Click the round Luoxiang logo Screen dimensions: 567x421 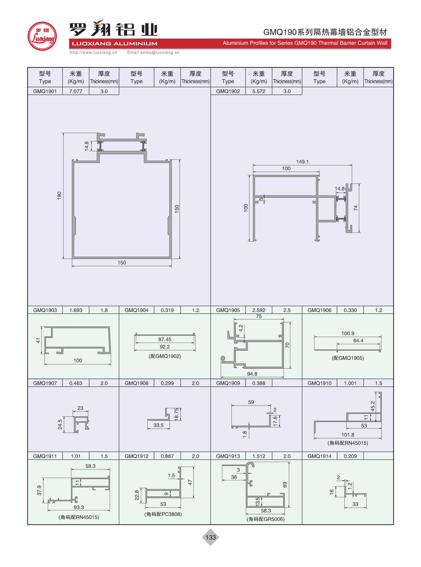click(x=42, y=36)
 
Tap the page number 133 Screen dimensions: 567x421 click(x=210, y=537)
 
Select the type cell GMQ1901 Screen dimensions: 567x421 click(x=45, y=91)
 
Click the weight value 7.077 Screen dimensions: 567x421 click(x=75, y=91)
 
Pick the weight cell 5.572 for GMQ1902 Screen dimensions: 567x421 click(x=258, y=91)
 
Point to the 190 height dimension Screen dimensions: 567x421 click(x=59, y=195)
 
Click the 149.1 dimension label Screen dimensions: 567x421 click(x=302, y=162)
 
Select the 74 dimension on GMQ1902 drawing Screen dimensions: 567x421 click(x=356, y=208)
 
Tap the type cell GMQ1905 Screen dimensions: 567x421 click(x=228, y=310)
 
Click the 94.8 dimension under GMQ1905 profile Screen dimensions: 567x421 click(x=252, y=374)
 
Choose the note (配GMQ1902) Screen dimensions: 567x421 click(x=165, y=356)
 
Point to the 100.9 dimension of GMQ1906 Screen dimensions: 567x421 click(x=348, y=333)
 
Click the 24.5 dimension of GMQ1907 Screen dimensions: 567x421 click(x=60, y=424)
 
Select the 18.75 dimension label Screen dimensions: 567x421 click(x=177, y=414)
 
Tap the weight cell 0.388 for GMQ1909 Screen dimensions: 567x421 click(x=258, y=383)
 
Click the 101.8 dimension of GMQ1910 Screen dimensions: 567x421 click(x=348, y=435)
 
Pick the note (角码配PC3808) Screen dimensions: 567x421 click(x=163, y=514)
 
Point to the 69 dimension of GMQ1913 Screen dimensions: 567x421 click(x=285, y=485)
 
